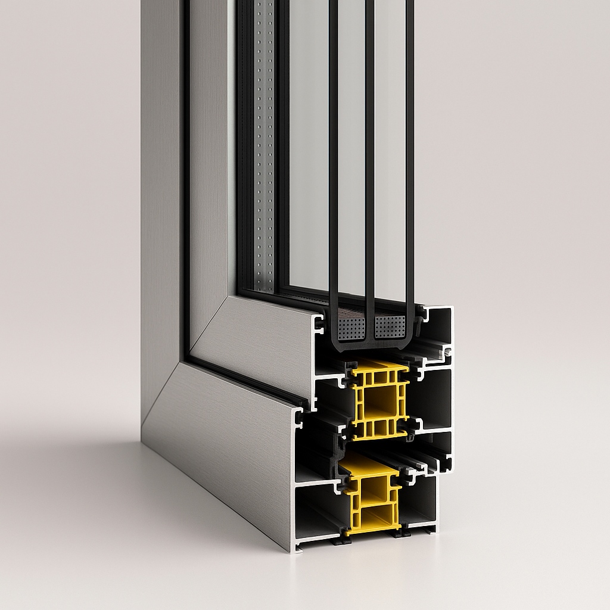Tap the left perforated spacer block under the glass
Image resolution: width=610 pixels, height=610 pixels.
350,328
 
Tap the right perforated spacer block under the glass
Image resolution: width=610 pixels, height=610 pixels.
390,326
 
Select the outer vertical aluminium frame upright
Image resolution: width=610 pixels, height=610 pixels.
161,179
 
